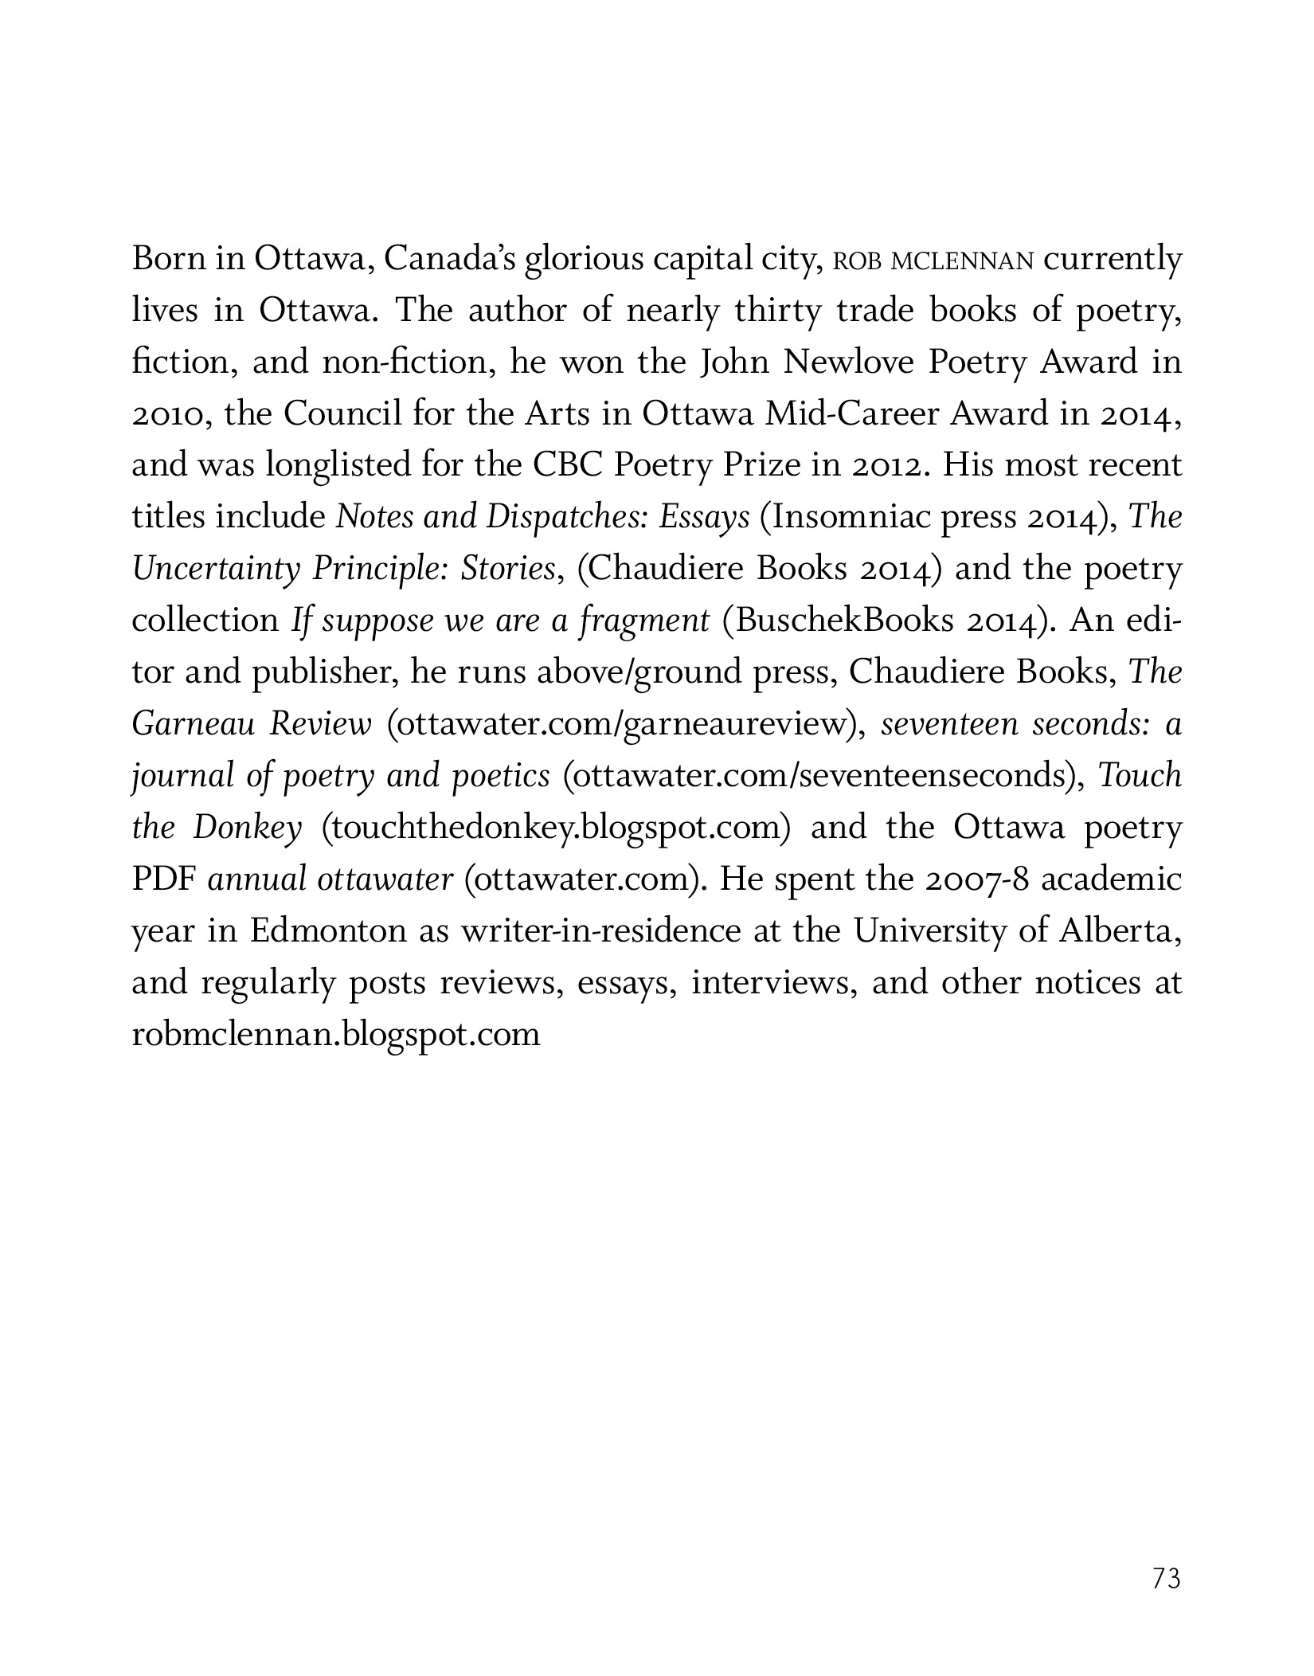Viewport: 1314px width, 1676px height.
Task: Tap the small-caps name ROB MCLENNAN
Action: pyautogui.click(x=933, y=261)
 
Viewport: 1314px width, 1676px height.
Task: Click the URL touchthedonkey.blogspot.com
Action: pyautogui.click(x=556, y=828)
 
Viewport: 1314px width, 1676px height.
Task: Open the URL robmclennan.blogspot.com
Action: pyautogui.click(x=335, y=1035)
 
